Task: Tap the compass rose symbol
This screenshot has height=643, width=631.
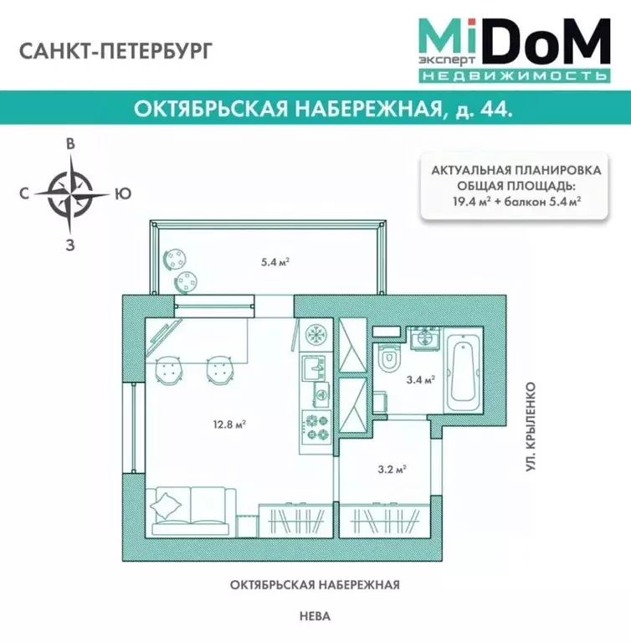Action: tap(71, 193)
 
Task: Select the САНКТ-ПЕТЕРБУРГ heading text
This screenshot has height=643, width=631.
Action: tap(109, 50)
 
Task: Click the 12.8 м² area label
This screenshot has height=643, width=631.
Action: tap(228, 423)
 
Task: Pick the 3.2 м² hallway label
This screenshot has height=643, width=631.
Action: tap(392, 469)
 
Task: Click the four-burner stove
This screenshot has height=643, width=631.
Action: tap(318, 426)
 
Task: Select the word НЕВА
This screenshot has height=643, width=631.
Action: tap(315, 616)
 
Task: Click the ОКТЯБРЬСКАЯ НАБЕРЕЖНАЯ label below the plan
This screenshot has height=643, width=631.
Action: tap(315, 584)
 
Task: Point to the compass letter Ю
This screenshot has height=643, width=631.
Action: tap(122, 193)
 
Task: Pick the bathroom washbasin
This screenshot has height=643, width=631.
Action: tap(423, 338)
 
